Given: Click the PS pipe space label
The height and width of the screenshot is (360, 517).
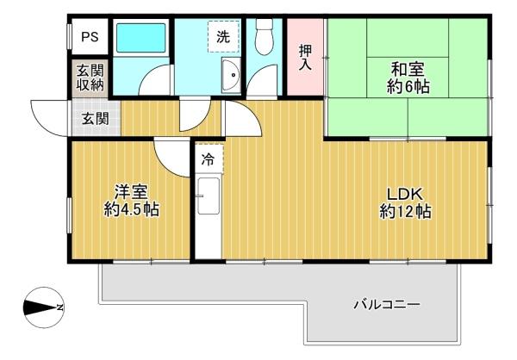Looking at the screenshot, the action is coord(90,37).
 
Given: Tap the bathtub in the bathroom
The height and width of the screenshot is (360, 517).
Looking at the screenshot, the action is coord(140,38).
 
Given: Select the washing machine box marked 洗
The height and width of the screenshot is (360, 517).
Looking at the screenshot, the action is coord(223,36).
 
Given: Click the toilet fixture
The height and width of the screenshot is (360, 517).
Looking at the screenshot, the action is coord(265,36).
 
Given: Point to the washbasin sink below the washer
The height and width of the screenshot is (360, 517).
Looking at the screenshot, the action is coord(231,75).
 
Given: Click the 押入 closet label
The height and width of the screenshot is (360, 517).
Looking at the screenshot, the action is coord(305,58).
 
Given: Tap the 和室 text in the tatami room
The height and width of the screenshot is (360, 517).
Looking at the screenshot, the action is coord(408,70).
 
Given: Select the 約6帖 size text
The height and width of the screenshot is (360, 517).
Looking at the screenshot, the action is coord(408,87).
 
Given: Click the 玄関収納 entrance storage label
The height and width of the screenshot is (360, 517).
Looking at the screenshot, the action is coord(90,78).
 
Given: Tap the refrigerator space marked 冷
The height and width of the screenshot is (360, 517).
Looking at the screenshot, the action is coord(209,159).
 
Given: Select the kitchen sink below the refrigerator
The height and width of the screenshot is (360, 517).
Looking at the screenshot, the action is coord(209,196).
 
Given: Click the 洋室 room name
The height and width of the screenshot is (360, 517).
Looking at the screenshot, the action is coord(131,192).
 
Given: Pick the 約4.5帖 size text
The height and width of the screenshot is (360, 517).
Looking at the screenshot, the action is coord(132,209).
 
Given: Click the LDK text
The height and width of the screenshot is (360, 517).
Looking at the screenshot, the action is coord(405,194).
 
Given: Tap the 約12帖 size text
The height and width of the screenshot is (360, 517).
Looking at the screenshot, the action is coord(405,211).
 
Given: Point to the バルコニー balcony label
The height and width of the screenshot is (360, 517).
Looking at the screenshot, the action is coord(387,304).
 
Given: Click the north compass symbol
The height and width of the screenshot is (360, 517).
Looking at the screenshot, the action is coord(44,307).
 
